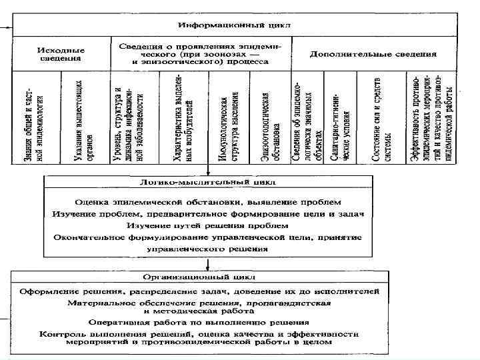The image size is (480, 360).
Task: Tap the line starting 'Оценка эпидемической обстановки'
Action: click(208, 201)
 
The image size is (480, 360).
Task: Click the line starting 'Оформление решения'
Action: click(200, 291)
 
